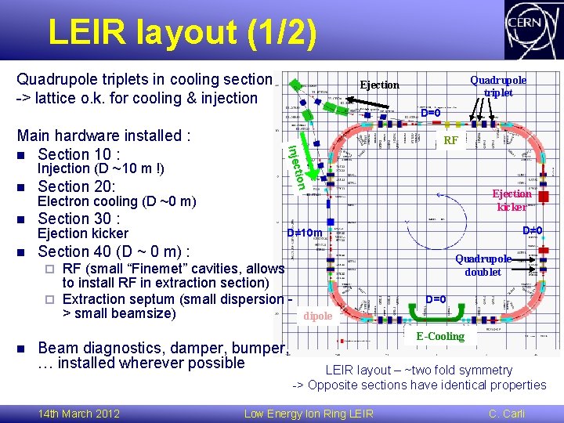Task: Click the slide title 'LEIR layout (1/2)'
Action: [x=183, y=33]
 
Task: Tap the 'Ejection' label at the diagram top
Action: [x=379, y=85]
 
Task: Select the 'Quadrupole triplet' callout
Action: [x=498, y=86]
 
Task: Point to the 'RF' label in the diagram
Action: [x=450, y=141]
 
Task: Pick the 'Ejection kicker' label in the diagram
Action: [x=512, y=201]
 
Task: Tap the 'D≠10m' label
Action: [x=304, y=233]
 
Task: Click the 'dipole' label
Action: [x=319, y=316]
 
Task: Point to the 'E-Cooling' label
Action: [x=440, y=336]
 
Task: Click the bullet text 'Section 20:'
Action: [x=77, y=186]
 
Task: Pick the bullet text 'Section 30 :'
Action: [x=78, y=219]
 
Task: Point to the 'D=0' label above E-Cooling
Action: [x=436, y=299]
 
